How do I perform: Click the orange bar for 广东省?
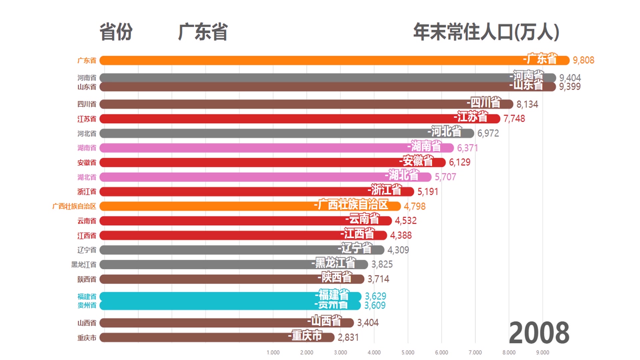pos(300,60)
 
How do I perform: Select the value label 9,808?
pos(583,60)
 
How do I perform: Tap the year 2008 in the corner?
pos(539,333)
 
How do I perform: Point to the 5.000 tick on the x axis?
pos(408,353)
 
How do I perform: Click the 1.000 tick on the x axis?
pos(273,353)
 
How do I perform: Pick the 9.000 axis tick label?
pos(542,353)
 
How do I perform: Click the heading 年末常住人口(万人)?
pos(486,32)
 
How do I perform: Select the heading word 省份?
pos(116,32)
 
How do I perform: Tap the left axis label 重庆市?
pos(87,338)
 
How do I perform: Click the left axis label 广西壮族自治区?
pos(74,206)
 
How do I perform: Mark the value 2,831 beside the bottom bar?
pos(348,338)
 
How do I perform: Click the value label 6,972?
pos(488,133)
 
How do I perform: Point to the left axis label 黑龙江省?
pos(84,265)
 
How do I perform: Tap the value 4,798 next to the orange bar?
pos(415,206)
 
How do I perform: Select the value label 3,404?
pos(368,323)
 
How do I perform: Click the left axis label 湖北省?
pos(87,177)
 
